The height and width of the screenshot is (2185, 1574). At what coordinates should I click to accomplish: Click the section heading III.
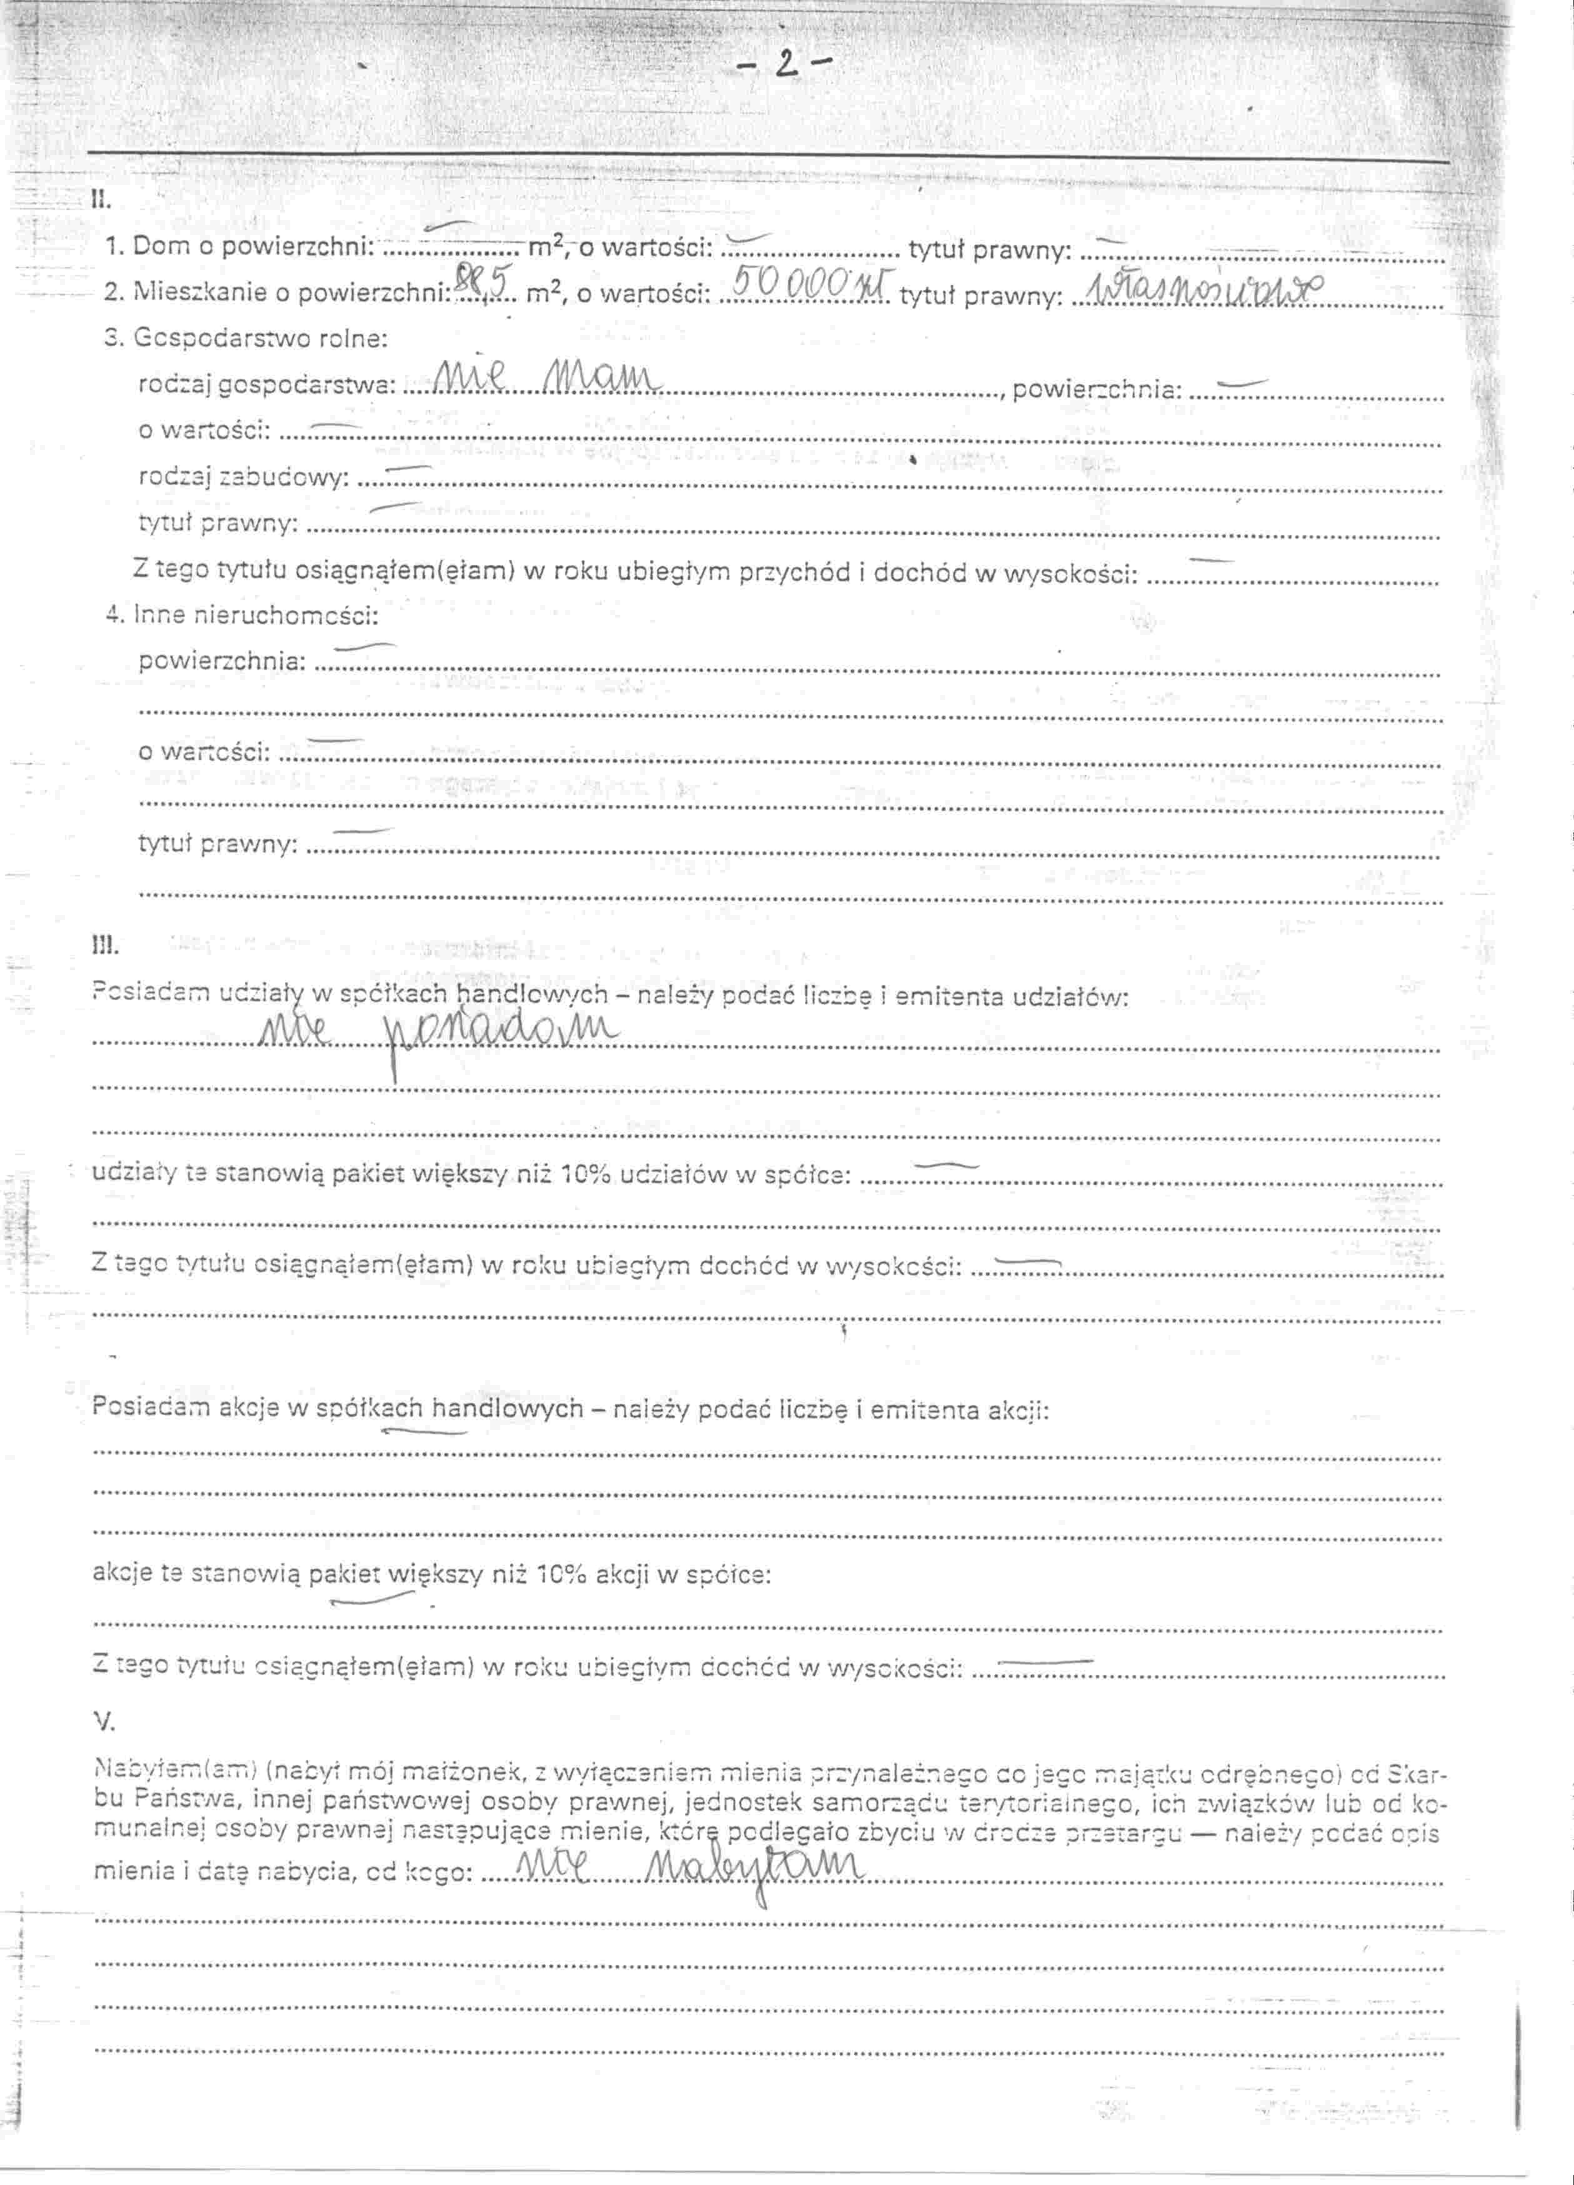[104, 946]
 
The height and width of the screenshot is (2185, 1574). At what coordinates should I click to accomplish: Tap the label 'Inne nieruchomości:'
[255, 614]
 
